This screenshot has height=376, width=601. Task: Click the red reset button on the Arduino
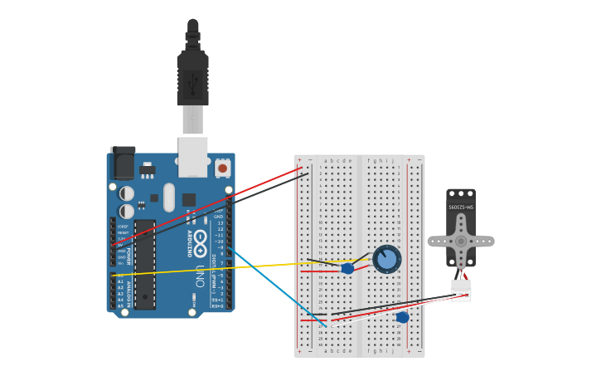222,168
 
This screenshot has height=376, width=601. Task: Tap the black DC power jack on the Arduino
123,163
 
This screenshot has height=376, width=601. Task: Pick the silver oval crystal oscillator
169,197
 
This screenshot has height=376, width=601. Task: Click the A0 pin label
120,275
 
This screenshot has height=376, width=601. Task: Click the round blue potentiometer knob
386,259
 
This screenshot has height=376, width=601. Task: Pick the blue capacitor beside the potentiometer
348,268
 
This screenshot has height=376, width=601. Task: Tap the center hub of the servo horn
461,241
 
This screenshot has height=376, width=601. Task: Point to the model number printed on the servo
461,206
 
